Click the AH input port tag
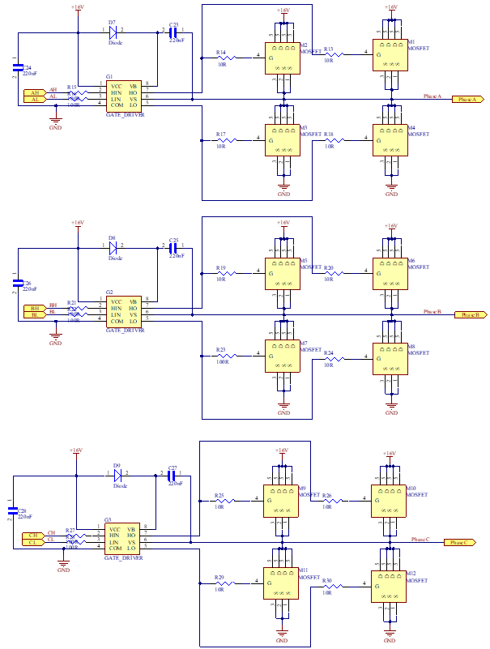click(x=35, y=92)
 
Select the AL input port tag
click(x=35, y=99)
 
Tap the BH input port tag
click(x=35, y=308)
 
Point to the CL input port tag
click(x=33, y=542)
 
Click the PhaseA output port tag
click(x=467, y=99)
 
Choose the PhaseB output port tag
click(x=470, y=314)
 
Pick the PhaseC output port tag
click(x=459, y=542)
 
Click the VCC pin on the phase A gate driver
click(x=117, y=86)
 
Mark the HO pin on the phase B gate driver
click(x=133, y=308)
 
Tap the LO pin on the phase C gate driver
click(x=131, y=549)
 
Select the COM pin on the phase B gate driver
click(x=117, y=321)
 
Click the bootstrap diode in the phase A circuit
click(x=114, y=33)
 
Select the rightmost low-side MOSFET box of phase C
click(x=389, y=586)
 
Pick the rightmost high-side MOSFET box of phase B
click(x=390, y=273)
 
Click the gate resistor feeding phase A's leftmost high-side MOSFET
click(x=227, y=58)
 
